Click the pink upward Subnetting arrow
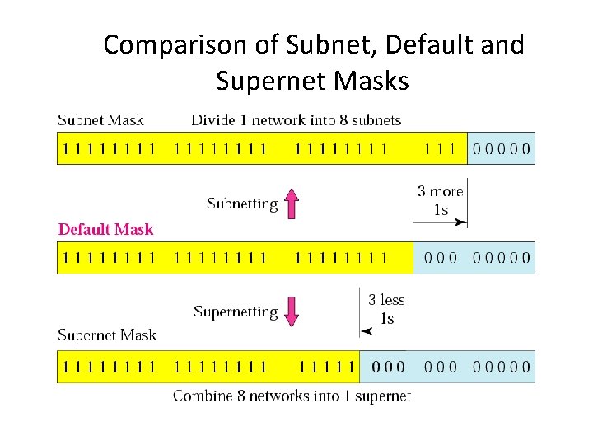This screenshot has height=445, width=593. pos(290,203)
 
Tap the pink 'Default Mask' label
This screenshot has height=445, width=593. pos(105,229)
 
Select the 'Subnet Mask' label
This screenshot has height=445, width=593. pos(100,120)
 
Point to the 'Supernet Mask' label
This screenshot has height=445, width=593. pos(107,335)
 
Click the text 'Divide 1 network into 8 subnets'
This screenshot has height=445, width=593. pos(296,120)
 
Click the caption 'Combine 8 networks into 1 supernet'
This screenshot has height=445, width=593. pos(292,396)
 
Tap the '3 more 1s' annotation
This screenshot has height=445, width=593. pos(441,200)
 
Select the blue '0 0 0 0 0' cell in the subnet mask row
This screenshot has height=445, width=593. pos(501,149)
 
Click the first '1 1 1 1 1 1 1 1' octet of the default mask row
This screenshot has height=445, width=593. pos(108,258)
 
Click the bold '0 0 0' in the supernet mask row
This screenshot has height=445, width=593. pos(388,367)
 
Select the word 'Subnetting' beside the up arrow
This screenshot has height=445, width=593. pos(242,204)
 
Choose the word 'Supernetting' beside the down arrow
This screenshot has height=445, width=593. pos(236,312)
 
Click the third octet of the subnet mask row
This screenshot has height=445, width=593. pos(340,149)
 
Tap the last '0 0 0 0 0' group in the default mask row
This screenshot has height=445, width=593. pos(501,258)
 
